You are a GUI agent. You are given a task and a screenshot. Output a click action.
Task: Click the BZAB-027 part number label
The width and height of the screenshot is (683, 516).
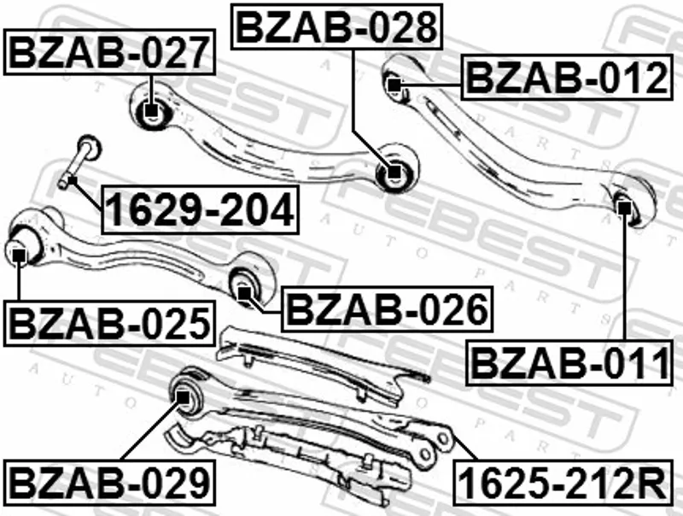pos(109,52)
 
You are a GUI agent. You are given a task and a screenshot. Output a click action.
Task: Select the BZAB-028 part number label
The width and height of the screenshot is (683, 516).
pos(336,27)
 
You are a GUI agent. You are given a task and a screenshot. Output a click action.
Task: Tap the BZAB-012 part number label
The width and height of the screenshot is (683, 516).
pos(567,78)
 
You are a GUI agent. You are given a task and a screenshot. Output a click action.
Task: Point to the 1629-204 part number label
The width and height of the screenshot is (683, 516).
pos(200,209)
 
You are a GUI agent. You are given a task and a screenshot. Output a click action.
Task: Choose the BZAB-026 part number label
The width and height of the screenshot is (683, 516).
pos(388,309)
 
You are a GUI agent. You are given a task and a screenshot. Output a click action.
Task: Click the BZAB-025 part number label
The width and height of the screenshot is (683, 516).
pos(109,324)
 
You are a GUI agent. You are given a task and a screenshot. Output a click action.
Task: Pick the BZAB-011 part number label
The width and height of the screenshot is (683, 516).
pos(569,363)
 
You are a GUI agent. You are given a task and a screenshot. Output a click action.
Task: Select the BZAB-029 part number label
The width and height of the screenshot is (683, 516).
pos(109,483)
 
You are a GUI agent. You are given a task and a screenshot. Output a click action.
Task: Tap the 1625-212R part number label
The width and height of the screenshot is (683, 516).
pos(563,483)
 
